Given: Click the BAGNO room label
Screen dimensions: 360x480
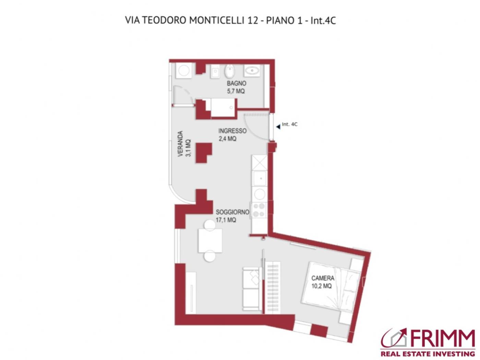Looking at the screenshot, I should [x=236, y=83].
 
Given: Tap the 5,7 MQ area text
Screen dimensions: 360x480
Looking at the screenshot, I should [x=236, y=92].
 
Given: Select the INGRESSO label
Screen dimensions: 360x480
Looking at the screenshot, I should [x=232, y=131].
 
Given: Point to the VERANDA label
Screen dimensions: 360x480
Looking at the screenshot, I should [x=180, y=144].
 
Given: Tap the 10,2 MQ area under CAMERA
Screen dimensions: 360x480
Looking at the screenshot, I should [x=321, y=286].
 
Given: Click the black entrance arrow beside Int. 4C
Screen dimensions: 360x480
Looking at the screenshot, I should [x=278, y=127].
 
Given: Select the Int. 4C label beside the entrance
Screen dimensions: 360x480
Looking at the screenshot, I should [x=290, y=124].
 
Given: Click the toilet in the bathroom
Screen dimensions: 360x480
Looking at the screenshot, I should [x=230, y=71].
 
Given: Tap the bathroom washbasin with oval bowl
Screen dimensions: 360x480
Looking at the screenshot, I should [x=252, y=71].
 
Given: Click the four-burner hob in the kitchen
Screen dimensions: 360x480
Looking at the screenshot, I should [x=259, y=210].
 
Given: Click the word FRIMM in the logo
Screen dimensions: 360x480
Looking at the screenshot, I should [x=442, y=339].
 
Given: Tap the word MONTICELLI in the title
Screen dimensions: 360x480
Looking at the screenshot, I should [x=216, y=21].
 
